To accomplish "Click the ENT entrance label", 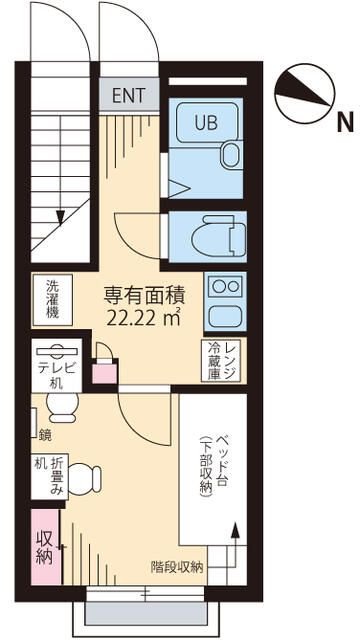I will click(129, 96).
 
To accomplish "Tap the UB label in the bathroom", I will click(191, 123).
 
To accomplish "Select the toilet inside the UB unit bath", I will click(229, 153).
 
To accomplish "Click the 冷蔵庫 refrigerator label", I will click(213, 361).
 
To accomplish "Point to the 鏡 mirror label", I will click(45, 434).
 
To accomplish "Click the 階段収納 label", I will click(177, 566).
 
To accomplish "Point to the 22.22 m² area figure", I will click(143, 317).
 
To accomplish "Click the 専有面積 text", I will click(143, 296).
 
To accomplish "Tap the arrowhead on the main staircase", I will click(62, 214).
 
